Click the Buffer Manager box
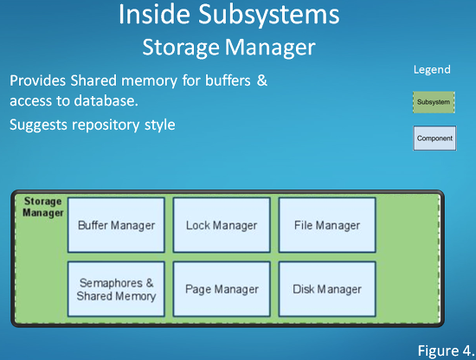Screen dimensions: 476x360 (x=116, y=225)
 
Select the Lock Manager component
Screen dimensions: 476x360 (x=222, y=225)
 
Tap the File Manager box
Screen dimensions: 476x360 (x=327, y=225)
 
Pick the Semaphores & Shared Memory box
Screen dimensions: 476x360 (x=116, y=289)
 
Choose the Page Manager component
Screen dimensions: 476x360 (x=222, y=289)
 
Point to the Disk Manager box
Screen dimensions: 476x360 (x=327, y=289)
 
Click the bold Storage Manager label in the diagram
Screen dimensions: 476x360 (x=42, y=207)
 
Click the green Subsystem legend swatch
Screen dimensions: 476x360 (x=434, y=102)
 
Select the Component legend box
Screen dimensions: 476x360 (x=434, y=138)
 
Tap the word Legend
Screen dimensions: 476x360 (x=432, y=69)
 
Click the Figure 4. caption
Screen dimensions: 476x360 (x=446, y=350)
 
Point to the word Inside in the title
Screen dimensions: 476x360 (x=154, y=14)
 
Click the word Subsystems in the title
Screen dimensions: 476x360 (x=269, y=16)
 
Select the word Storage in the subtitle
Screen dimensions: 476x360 (x=181, y=48)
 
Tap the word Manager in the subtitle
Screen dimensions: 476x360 (x=270, y=48)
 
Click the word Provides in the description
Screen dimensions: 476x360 (x=37, y=80)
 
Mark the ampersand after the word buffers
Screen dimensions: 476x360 (x=262, y=80)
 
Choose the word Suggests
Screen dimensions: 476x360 (x=38, y=125)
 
